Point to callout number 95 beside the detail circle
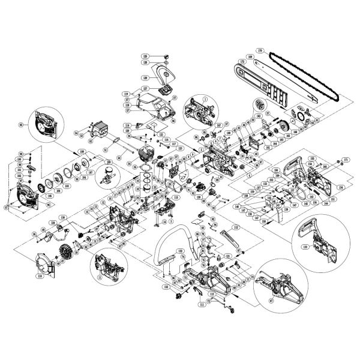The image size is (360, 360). (x=22, y=125)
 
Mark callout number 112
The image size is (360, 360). (x=236, y=227)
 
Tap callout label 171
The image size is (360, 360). (x=346, y=160)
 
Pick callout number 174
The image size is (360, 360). (x=341, y=187)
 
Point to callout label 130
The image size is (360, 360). (x=62, y=217)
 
